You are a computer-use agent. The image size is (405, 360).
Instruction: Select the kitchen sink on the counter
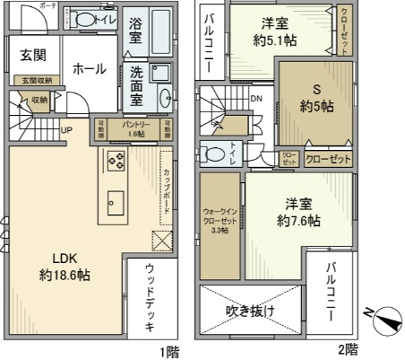[x=113, y=196]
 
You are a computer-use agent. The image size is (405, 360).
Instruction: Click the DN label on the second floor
[x=255, y=98]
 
